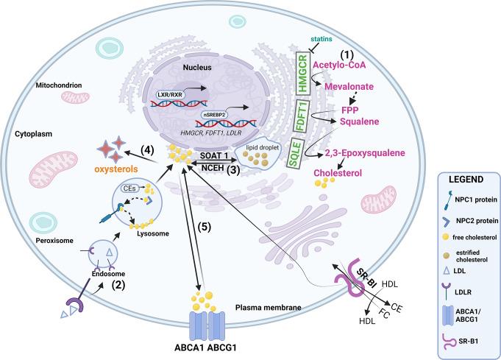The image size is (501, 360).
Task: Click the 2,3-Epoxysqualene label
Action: pos(360,153)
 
